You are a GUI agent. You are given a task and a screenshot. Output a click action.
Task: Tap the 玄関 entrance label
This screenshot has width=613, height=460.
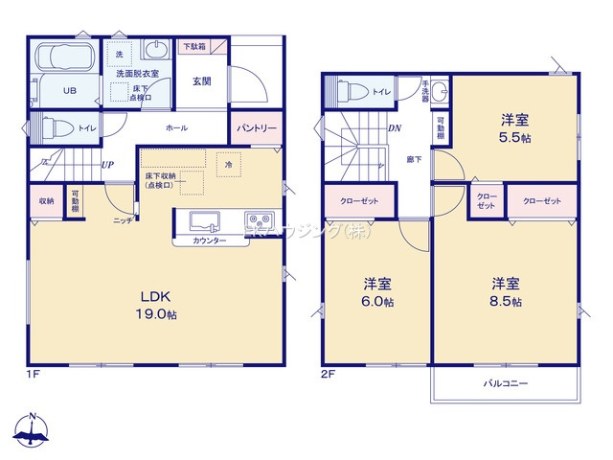[x=201, y=82]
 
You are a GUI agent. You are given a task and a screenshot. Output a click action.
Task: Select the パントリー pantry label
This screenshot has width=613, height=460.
[x=256, y=127]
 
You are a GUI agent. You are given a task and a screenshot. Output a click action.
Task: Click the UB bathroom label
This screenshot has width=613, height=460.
[x=69, y=91]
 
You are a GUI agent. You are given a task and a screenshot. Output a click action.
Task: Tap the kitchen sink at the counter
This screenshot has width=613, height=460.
[x=205, y=221]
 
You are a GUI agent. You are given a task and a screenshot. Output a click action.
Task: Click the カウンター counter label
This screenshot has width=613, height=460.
[x=209, y=241]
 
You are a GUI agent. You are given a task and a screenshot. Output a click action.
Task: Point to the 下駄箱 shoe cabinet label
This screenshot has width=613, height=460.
[x=194, y=45]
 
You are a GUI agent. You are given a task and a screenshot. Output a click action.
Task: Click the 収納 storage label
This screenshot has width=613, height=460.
[x=46, y=201]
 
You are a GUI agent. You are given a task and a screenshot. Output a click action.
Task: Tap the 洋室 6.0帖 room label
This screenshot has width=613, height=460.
[x=376, y=292]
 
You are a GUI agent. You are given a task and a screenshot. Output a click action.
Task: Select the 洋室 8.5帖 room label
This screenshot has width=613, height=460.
[x=506, y=292]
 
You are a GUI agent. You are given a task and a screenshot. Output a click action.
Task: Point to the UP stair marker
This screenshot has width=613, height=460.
[x=108, y=165]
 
